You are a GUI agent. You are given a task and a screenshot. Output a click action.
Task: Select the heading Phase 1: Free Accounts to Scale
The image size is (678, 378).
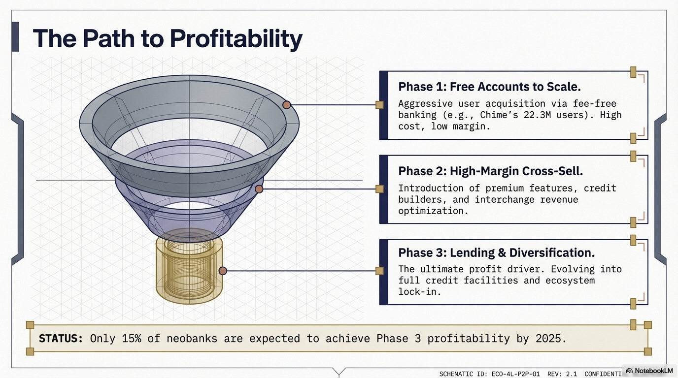pos(489,87)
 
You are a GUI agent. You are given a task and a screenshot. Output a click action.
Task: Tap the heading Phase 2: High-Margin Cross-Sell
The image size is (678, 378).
pos(490,171)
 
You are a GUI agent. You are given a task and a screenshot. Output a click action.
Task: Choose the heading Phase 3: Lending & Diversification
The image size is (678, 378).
pos(496,252)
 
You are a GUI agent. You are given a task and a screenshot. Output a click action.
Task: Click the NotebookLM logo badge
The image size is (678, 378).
pos(649,371)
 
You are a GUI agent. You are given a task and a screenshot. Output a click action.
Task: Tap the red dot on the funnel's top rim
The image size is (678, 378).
pos(286,104)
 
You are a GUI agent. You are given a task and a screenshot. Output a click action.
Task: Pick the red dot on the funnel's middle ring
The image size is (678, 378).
pos(259,189)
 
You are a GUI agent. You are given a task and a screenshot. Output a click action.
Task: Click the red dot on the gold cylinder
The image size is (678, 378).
pos(223,271)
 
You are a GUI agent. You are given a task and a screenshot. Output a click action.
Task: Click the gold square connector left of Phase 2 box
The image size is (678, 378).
pos(379,189)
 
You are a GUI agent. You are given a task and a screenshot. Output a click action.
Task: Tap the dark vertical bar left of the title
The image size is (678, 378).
pos(15,36)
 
